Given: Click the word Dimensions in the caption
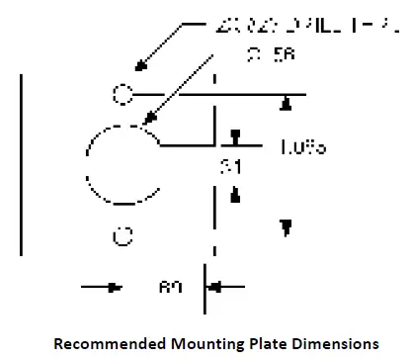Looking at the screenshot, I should coord(326,344).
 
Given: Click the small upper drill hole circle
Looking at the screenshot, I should coord(121,95).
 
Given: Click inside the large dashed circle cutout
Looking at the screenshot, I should coord(124,164).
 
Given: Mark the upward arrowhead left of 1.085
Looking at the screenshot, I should coord(287,102).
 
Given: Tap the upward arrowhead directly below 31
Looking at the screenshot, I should coord(235,195).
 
